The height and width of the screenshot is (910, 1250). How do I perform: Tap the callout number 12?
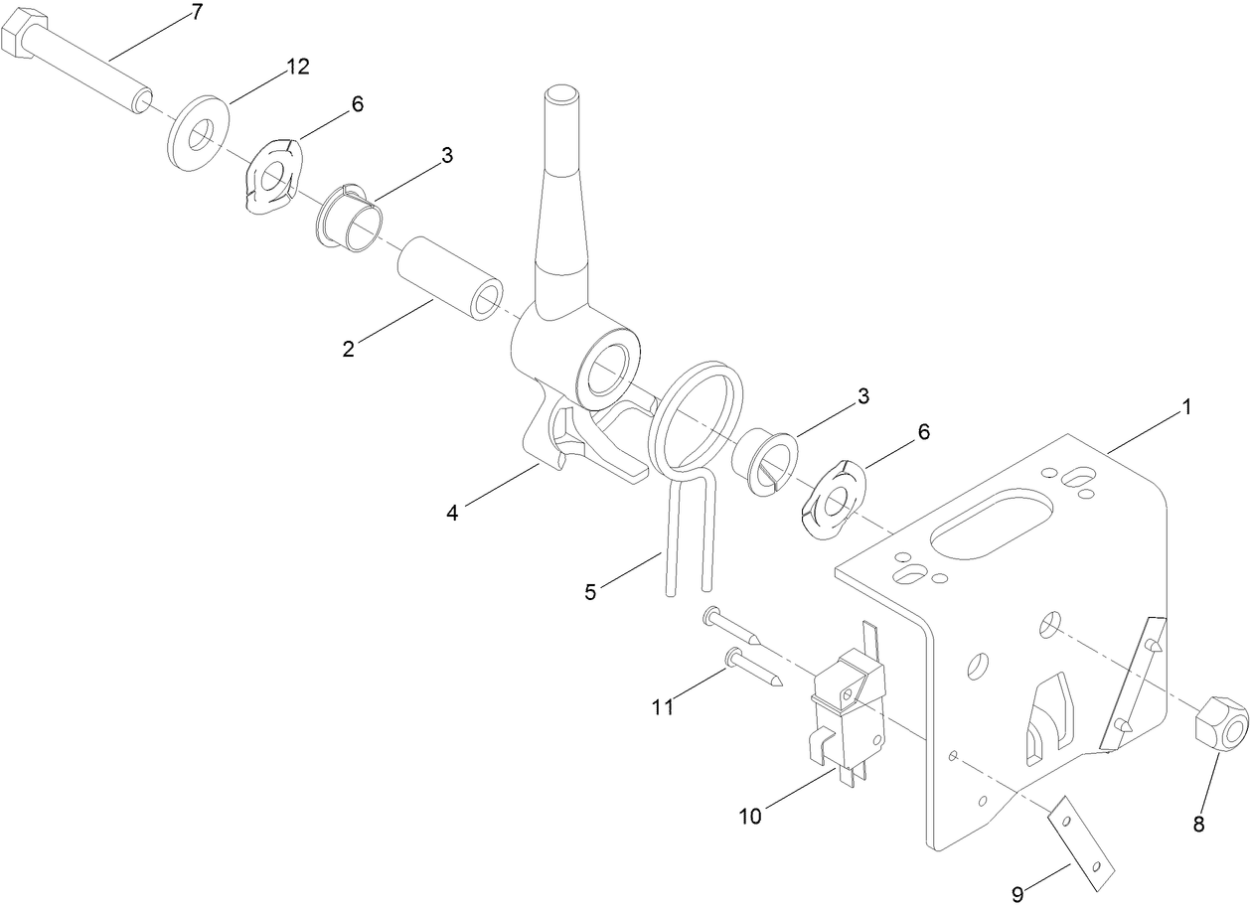[298, 67]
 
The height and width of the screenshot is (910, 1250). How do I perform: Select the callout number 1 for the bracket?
[1185, 407]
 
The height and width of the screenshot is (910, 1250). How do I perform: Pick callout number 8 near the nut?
[1197, 824]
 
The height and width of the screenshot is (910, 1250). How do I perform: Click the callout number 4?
[452, 513]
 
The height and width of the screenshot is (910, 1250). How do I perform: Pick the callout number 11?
[663, 706]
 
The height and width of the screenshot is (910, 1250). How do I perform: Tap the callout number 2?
[348, 349]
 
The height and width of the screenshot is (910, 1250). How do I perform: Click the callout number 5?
[590, 592]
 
